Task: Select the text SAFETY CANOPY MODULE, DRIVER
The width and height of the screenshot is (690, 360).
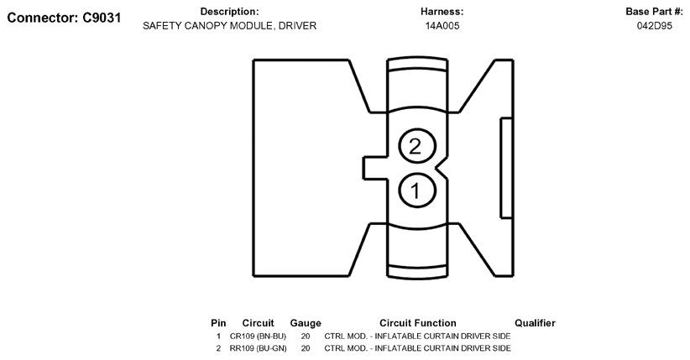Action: [229, 26]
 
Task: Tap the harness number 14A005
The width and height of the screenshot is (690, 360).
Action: [442, 26]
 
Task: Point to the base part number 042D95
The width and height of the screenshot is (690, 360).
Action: [655, 26]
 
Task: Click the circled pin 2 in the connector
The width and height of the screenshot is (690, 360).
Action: [415, 146]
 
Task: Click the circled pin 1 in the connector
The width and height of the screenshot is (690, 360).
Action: [415, 190]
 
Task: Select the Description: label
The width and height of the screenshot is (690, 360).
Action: [229, 12]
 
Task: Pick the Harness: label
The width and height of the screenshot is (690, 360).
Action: [442, 12]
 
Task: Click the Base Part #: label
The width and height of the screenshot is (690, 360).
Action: [655, 12]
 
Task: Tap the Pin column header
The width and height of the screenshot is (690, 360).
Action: [218, 323]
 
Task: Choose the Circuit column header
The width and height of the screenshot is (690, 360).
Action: [258, 323]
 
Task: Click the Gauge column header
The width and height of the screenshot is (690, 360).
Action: [306, 323]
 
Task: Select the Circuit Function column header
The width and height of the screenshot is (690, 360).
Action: [417, 323]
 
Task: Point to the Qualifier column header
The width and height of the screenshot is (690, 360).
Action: [535, 323]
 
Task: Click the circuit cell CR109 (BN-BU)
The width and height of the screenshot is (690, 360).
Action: [258, 337]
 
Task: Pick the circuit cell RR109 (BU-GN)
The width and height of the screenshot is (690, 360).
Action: [258, 348]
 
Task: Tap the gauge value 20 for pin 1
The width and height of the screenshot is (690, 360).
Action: [306, 337]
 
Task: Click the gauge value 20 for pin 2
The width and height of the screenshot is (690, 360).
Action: [306, 348]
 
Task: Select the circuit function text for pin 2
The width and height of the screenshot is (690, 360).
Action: [417, 348]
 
